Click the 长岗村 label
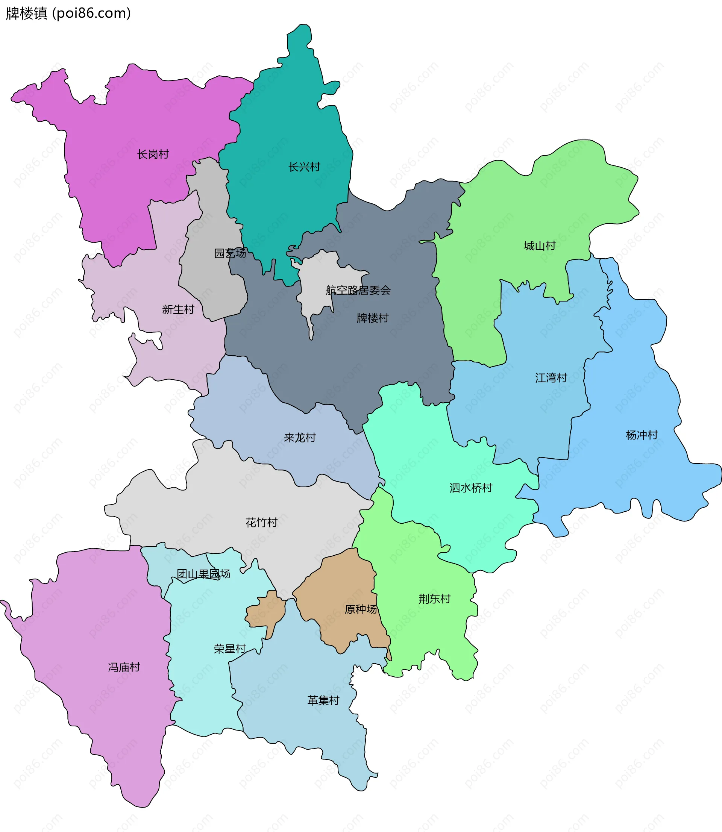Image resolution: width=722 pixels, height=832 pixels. tap(153, 154)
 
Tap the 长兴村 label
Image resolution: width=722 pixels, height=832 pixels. tap(304, 167)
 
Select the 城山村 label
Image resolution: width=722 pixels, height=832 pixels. tap(540, 246)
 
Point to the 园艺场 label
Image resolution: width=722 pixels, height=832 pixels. tap(230, 253)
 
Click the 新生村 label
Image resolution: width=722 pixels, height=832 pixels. tap(178, 309)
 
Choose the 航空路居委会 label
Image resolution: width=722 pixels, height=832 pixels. tap(358, 290)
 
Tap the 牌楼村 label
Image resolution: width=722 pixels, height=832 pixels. tap(373, 318)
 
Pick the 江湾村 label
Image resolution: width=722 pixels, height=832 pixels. tap(551, 378)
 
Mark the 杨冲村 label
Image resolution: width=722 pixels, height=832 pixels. tap(642, 435)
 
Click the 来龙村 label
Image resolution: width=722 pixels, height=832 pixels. tap(299, 438)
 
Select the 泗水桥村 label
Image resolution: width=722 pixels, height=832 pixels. tap(471, 488)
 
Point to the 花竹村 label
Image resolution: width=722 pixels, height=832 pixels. tap(261, 523)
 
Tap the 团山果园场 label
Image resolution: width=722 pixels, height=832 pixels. tap(203, 574)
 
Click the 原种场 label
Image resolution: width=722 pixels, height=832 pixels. tap(361, 609)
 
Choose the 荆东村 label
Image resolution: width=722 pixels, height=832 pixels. tap(434, 599)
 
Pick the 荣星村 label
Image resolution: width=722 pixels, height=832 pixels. tap(230, 649)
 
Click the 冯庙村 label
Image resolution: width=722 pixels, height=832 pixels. tap(124, 667)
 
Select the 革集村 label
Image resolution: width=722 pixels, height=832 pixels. tap(323, 701)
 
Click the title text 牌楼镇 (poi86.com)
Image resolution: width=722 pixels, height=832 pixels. tap(68, 13)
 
